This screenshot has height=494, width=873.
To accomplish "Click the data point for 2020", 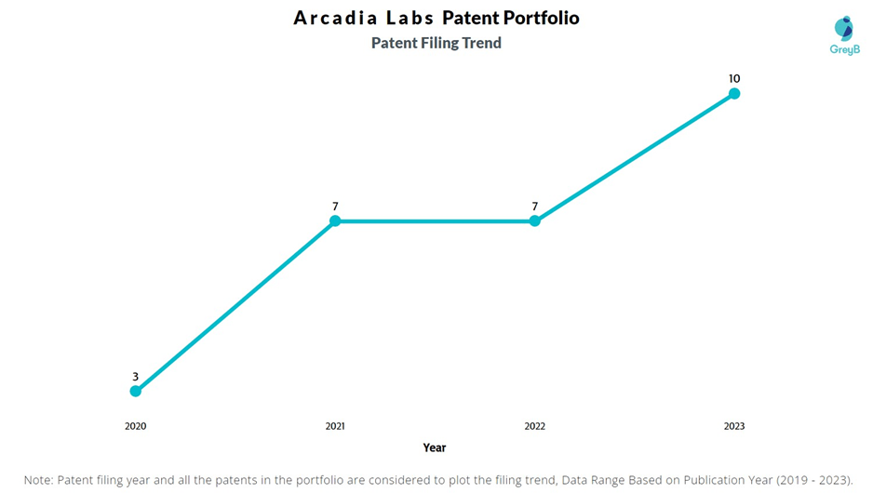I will click(136, 391).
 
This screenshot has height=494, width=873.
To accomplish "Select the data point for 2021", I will click(335, 221).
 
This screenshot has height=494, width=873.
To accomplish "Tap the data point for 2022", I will click(534, 221).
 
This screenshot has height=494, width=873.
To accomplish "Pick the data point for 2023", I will click(734, 93).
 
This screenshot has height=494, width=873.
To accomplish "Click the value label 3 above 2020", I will click(136, 377).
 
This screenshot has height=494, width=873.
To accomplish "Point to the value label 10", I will click(734, 78).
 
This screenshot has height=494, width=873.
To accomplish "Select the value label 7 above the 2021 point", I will click(335, 207).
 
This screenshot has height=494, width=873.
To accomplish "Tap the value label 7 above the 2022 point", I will click(534, 207).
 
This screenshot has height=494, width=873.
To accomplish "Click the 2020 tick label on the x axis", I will click(136, 426).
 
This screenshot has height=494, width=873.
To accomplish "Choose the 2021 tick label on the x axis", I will click(335, 426).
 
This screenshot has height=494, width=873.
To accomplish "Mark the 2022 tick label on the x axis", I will click(534, 426).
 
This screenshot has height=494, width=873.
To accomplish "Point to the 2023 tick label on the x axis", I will click(734, 426).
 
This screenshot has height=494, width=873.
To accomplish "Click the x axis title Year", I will click(435, 447).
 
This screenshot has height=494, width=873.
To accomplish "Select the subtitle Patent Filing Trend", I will click(436, 43).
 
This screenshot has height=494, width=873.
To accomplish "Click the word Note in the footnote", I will click(38, 480).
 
